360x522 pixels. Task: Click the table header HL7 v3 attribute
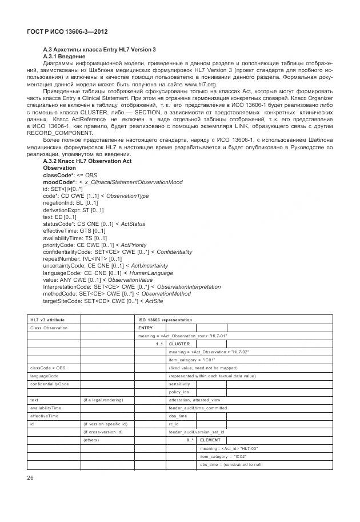pos(47,320)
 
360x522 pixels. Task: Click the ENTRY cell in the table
pos(145,328)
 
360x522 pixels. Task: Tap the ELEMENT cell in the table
pos(210,440)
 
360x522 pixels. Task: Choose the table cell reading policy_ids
pos(179,392)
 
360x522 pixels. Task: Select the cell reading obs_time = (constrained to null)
pos(231,464)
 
